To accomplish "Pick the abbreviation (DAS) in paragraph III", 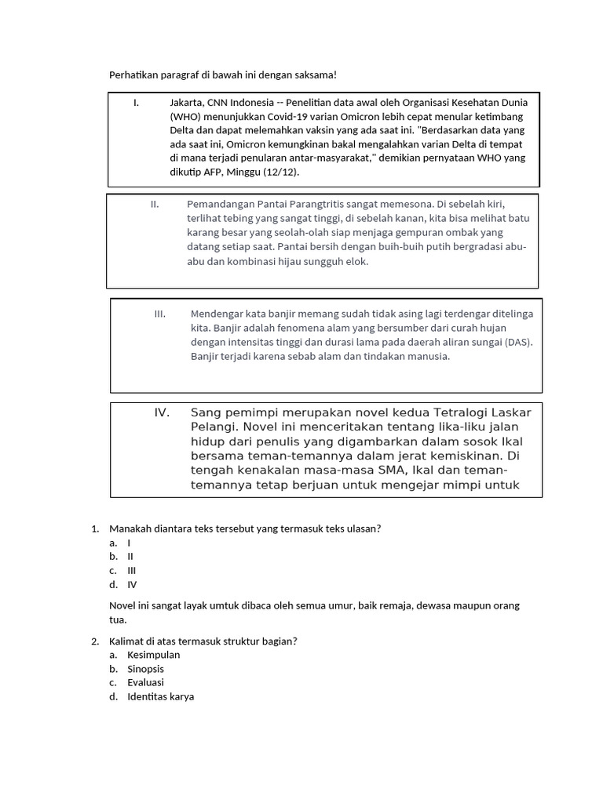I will tap(518, 342).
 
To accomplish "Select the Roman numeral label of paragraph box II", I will tap(155, 204).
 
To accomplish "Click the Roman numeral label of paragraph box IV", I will tap(162, 412).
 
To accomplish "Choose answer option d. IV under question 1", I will tap(131, 584).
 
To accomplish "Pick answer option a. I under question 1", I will tap(129, 542).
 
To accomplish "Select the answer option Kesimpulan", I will tap(154, 655).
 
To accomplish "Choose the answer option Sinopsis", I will tap(146, 669).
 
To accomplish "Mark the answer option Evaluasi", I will tap(146, 683).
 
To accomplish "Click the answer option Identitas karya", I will tap(161, 697).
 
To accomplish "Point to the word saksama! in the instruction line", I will tap(315, 74).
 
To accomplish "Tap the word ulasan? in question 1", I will tap(364, 529).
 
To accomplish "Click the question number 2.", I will tap(95, 641).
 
